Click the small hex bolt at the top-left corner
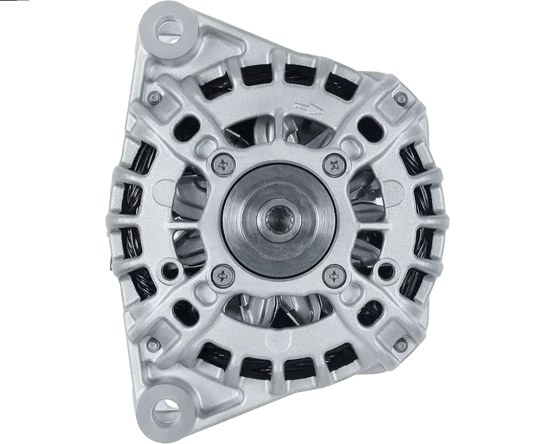click(154, 98)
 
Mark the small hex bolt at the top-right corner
click(400, 98)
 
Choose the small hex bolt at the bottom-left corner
click(153, 345)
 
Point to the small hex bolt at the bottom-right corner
click(400, 345)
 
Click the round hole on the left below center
click(175, 263)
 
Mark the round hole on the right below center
click(381, 263)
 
